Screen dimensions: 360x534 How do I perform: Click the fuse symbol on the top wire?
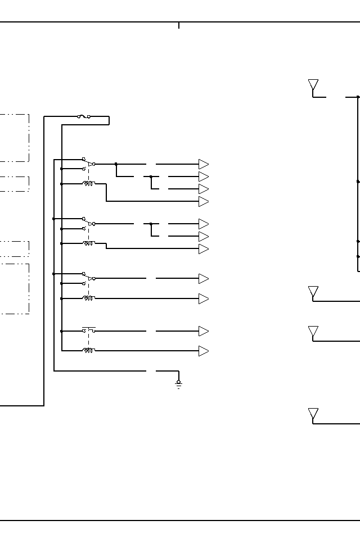click(x=83, y=117)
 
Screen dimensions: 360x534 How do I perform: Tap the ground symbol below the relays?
click(x=179, y=384)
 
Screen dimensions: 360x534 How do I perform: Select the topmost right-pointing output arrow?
click(x=204, y=164)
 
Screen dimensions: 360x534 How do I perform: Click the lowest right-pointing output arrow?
click(x=204, y=351)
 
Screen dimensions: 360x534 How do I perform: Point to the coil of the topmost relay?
click(x=88, y=183)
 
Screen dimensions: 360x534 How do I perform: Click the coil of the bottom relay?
click(x=88, y=350)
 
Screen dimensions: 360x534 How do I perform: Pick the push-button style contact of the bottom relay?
click(x=88, y=329)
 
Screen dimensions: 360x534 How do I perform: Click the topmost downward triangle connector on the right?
click(x=313, y=85)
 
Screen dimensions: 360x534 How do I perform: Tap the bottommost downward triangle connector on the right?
click(x=313, y=414)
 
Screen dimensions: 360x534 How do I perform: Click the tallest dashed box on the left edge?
click(x=15, y=288)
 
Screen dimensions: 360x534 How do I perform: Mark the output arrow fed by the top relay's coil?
click(x=204, y=202)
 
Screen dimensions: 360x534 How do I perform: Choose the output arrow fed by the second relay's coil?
click(x=204, y=249)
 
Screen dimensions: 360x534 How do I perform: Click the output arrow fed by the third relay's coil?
click(x=204, y=298)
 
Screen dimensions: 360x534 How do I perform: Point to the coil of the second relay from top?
click(x=88, y=243)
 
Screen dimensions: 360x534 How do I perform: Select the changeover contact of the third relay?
click(x=88, y=278)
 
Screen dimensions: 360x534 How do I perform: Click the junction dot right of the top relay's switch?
click(x=116, y=164)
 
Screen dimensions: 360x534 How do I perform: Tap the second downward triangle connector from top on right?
click(x=313, y=292)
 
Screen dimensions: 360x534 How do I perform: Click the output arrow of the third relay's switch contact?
click(x=204, y=279)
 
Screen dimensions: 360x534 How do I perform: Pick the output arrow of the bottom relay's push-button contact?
click(x=204, y=331)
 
